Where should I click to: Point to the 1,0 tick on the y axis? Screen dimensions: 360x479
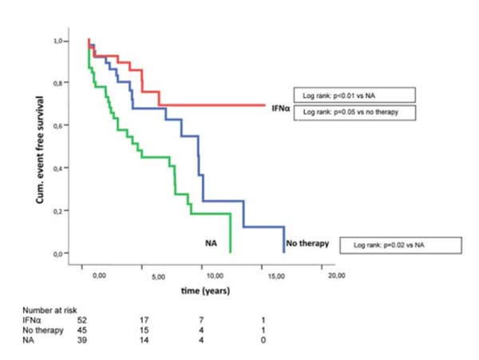59,40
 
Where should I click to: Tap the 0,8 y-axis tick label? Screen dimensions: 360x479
59,83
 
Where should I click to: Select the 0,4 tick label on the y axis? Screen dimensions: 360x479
59,168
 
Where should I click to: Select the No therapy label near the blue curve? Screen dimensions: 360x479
307,243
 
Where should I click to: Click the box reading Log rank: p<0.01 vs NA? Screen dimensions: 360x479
353,95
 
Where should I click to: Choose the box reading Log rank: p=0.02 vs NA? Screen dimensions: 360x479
389,245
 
